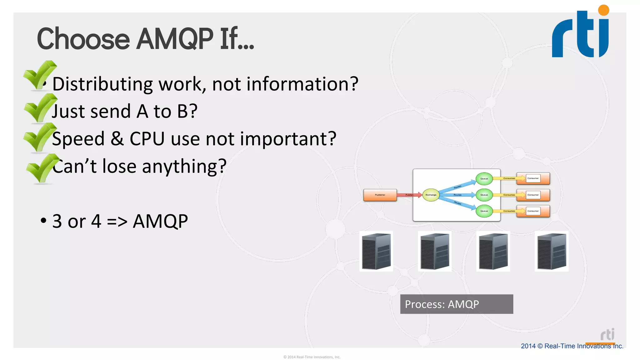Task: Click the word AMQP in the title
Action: [x=175, y=39]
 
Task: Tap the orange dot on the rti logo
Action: [x=603, y=10]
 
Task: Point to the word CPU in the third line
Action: [x=147, y=139]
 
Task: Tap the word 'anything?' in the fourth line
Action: [x=184, y=166]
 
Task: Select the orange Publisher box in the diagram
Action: [x=380, y=195]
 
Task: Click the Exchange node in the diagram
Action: [x=431, y=195]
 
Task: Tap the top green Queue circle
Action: [x=484, y=179]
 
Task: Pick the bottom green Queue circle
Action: [x=484, y=211]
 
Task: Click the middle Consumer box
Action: [x=533, y=195]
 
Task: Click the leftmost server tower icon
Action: [x=376, y=252]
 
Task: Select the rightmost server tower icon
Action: [x=552, y=252]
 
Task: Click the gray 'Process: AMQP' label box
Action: [x=457, y=304]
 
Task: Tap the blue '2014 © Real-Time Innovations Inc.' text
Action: [x=572, y=346]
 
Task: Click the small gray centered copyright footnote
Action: [x=312, y=357]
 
